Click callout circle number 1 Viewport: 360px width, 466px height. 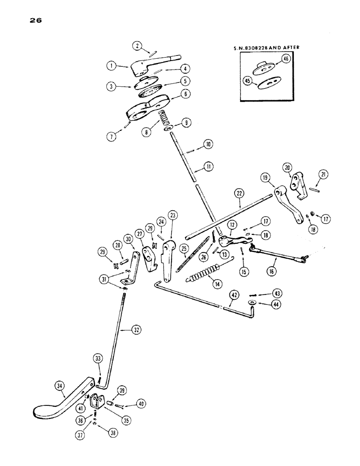[x=111, y=66]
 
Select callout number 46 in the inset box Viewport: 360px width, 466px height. [x=286, y=58]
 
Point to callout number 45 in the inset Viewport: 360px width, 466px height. [x=249, y=81]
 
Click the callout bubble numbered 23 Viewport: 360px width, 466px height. [x=173, y=215]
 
